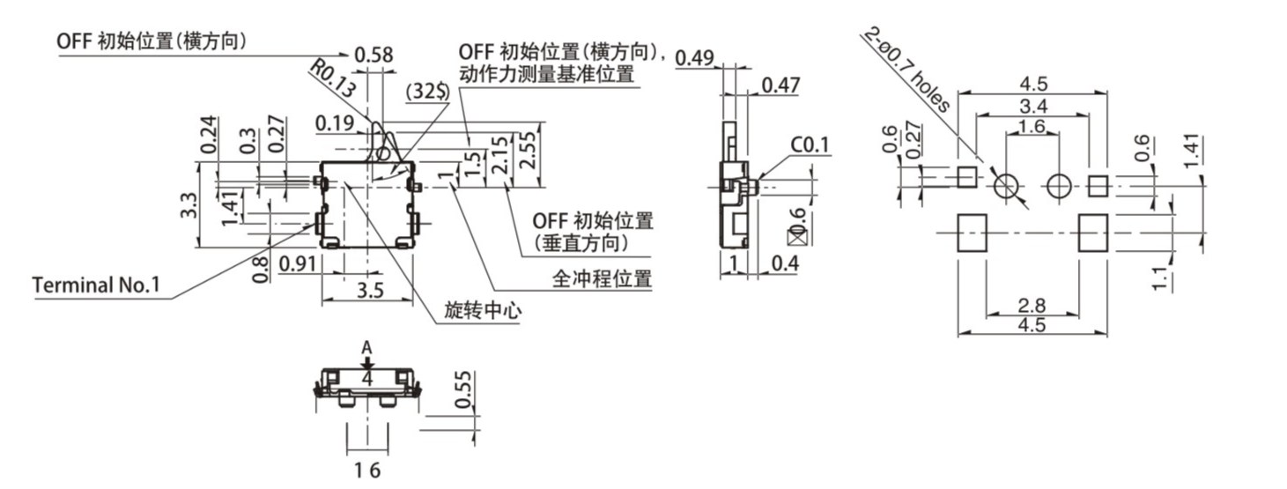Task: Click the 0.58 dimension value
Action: (x=374, y=56)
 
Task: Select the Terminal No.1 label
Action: (x=96, y=285)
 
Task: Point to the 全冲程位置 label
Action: (x=602, y=279)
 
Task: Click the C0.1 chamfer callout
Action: (x=810, y=144)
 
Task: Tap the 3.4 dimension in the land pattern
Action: (x=1032, y=107)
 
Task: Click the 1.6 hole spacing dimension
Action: (x=1032, y=128)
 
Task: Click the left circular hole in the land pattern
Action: (x=1006, y=186)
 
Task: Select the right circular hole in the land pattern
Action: (x=1059, y=186)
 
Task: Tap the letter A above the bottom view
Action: (x=368, y=348)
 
